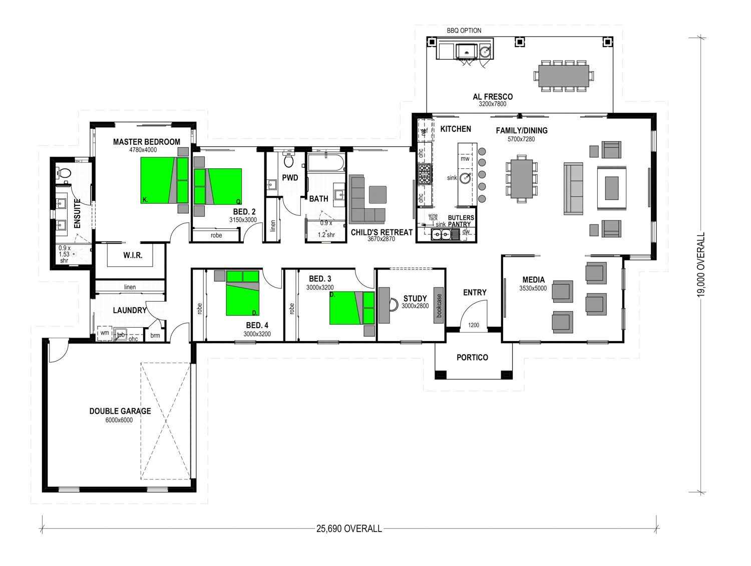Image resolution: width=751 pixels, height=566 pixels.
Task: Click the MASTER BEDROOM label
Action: [146, 142]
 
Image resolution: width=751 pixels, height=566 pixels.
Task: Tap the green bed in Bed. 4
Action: [242, 293]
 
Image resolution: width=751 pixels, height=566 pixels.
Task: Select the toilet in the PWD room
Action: [288, 160]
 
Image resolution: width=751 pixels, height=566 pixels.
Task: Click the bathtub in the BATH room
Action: [326, 163]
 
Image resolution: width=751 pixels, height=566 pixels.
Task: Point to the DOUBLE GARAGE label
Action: [120, 411]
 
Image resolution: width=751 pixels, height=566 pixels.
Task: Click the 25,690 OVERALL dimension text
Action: [349, 529]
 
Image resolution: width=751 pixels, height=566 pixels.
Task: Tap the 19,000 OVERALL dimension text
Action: [701, 264]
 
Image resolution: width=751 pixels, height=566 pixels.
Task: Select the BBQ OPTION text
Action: [464, 31]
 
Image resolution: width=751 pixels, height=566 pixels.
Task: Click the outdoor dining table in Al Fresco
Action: [564, 76]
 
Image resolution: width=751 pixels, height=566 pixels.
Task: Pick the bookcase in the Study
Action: [439, 305]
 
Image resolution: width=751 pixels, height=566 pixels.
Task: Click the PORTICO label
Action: [472, 357]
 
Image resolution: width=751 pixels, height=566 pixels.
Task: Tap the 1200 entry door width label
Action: [474, 325]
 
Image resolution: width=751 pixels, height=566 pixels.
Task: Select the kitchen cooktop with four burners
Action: [425, 174]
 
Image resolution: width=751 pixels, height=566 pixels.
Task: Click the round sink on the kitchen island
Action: [465, 178]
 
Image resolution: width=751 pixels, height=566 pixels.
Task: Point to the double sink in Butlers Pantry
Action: [441, 234]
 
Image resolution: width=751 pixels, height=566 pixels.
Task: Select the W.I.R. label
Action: [133, 255]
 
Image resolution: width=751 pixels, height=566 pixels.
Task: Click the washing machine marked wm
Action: [105, 333]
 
